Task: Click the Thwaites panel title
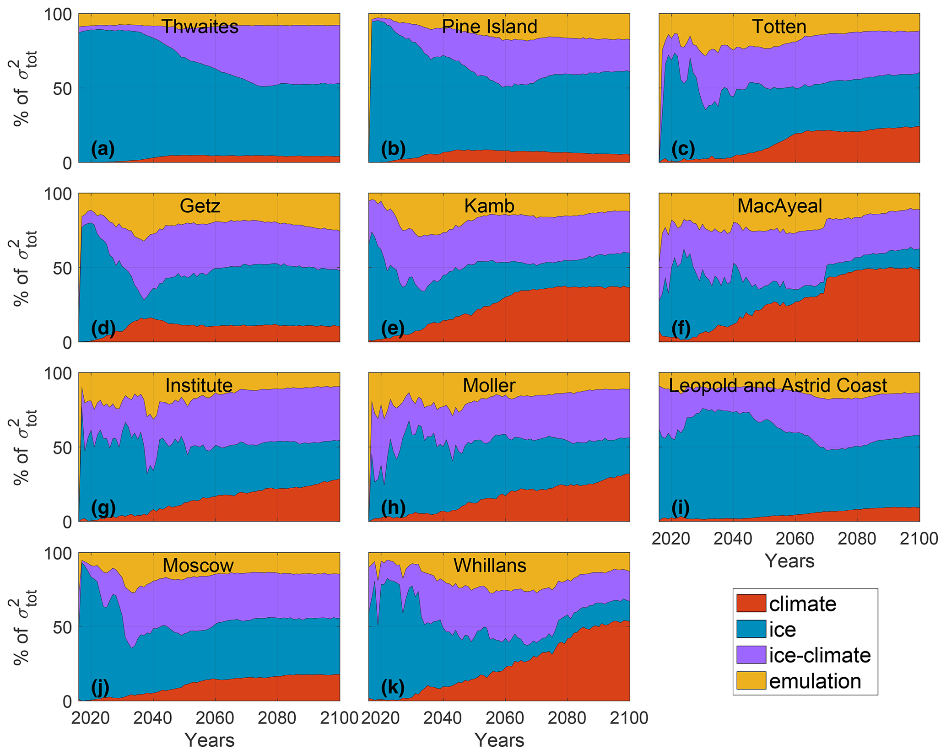[200, 27]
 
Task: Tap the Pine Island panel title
[489, 27]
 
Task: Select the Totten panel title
[779, 27]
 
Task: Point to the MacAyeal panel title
[779, 206]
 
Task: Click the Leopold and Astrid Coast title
[778, 386]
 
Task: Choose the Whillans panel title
[490, 566]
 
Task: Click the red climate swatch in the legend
[751, 604]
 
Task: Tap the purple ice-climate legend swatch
[751, 655]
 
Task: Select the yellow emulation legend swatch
[751, 680]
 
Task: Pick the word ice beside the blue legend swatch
[782, 630]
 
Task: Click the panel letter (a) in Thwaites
[103, 149]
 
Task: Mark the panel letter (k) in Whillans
[393, 687]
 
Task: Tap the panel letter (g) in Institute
[103, 508]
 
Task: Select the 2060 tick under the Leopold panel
[795, 539]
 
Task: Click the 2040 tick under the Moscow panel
[154, 718]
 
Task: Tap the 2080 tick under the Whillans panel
[567, 718]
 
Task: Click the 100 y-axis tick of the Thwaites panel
[58, 15]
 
